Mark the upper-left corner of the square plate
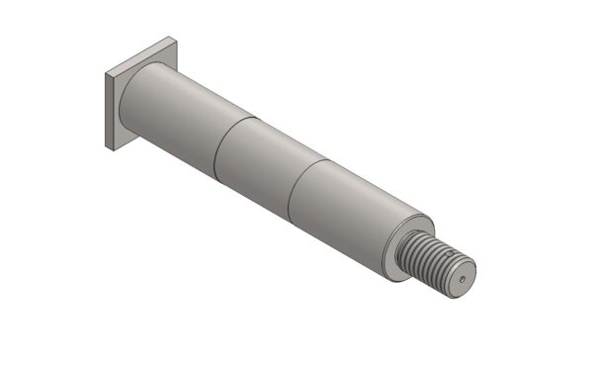point(105,73)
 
